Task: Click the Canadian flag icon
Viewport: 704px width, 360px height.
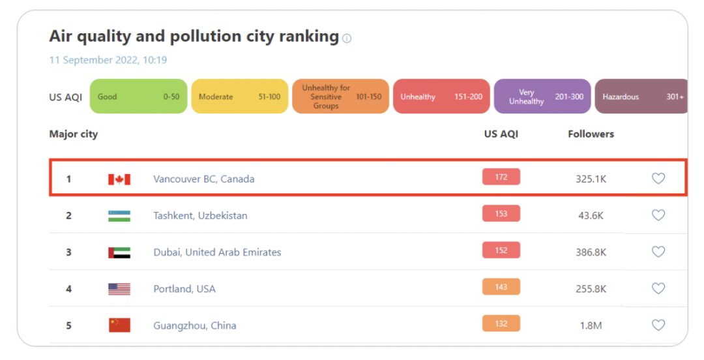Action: click(x=119, y=179)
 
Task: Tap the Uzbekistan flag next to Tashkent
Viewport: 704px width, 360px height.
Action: click(x=119, y=215)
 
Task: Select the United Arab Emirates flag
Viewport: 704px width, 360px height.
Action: click(x=119, y=252)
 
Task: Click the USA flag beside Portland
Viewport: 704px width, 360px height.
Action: click(x=119, y=289)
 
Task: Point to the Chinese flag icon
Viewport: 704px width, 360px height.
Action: click(x=119, y=325)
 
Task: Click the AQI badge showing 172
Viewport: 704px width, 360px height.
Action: click(x=501, y=177)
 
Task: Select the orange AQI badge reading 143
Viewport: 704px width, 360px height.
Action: click(x=501, y=287)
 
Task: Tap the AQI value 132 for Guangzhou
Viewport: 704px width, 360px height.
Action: click(x=501, y=323)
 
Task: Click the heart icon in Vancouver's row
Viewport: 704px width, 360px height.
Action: click(x=658, y=178)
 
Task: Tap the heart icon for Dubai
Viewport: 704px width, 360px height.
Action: click(x=658, y=252)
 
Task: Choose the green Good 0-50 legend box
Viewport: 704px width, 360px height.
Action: click(x=138, y=97)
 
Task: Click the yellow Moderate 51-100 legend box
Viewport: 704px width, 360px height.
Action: click(x=239, y=97)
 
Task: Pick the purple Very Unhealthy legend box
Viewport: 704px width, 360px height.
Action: click(x=542, y=97)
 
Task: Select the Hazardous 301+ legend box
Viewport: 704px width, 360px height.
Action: click(x=642, y=97)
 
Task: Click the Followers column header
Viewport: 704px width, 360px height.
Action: click(x=591, y=134)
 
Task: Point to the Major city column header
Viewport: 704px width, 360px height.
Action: click(x=74, y=134)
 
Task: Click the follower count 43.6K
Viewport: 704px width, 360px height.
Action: click(x=591, y=215)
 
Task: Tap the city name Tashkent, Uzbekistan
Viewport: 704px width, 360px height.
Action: click(x=200, y=215)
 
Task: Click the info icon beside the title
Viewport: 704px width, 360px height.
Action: click(x=347, y=38)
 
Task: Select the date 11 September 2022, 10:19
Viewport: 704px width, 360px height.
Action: click(x=108, y=60)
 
